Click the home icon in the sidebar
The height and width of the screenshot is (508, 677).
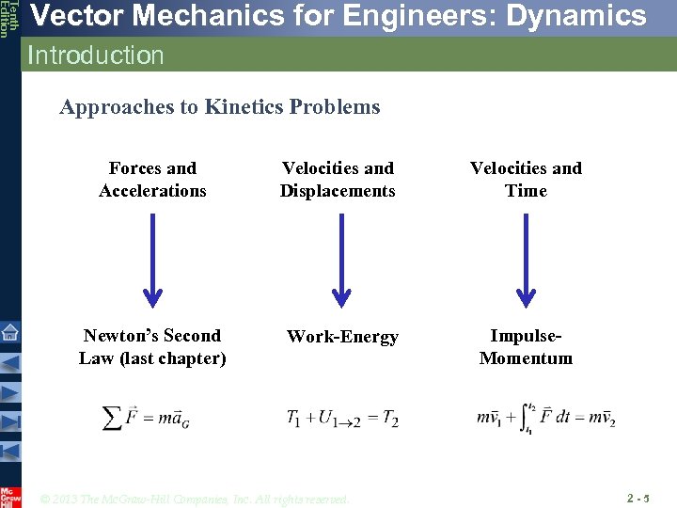(9, 331)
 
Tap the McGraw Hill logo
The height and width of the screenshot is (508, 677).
(9, 496)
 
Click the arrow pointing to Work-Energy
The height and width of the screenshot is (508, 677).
(342, 259)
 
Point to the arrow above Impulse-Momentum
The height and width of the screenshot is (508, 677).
(526, 259)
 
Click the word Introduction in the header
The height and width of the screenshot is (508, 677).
(96, 56)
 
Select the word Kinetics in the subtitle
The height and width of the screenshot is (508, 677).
(241, 107)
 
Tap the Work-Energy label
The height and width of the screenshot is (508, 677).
(342, 337)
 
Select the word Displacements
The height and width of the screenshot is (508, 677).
(338, 191)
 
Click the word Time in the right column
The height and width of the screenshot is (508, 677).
(526, 191)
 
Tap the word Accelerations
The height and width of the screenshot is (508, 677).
(152, 191)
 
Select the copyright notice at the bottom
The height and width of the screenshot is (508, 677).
(195, 499)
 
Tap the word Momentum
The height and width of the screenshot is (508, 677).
(526, 358)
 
